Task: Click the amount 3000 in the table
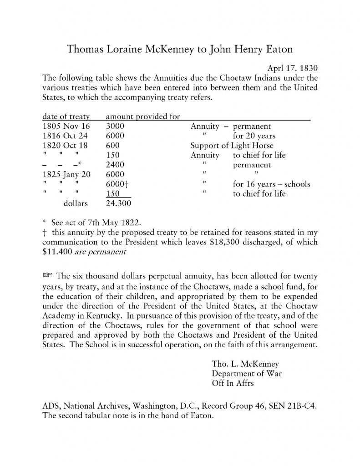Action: tap(115, 126)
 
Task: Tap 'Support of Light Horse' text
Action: tap(232, 146)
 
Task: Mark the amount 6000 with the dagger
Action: tap(116, 184)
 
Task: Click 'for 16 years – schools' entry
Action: tap(271, 184)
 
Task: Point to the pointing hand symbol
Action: tap(47, 276)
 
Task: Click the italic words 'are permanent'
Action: tap(102, 252)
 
